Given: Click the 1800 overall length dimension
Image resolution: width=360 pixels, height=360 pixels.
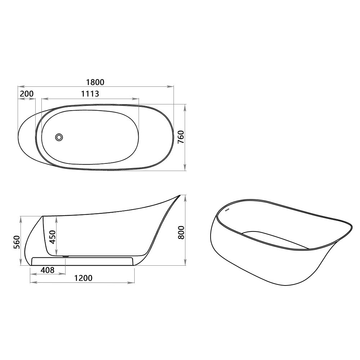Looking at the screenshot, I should (x=95, y=82).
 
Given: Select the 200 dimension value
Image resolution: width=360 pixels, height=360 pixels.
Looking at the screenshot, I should (x=27, y=94).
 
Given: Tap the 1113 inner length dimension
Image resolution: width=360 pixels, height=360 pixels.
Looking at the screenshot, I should (x=90, y=94).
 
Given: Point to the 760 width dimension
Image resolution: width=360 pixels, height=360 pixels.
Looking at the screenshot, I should (x=181, y=137).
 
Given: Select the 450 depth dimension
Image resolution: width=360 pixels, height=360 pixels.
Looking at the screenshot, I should (x=53, y=237).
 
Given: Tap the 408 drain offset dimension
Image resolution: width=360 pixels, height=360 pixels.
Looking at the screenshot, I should (x=47, y=270).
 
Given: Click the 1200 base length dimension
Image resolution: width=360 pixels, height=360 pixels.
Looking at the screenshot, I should (x=83, y=278).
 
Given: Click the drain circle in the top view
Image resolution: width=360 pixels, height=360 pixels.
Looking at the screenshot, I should (x=59, y=137).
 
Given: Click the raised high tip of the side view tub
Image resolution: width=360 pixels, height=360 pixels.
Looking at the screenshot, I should (x=179, y=196).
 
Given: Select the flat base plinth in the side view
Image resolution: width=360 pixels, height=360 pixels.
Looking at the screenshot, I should (x=83, y=261).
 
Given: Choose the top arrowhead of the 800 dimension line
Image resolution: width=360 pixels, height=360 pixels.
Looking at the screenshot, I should (x=185, y=197).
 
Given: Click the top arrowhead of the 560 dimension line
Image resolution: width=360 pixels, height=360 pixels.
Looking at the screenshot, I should (x=21, y=217).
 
